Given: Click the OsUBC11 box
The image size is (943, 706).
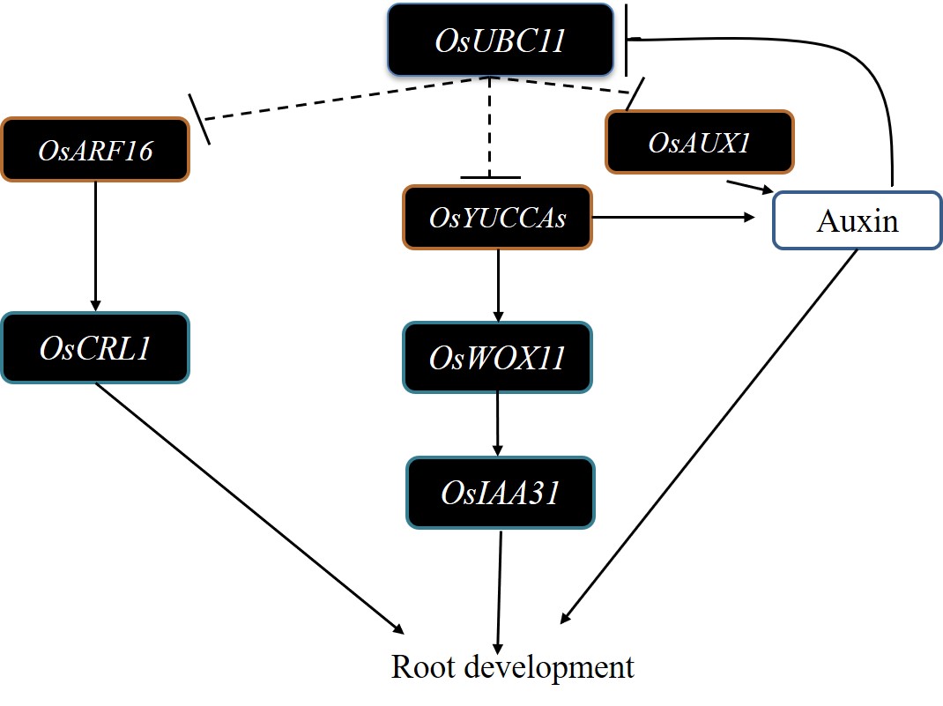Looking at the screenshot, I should (500, 40).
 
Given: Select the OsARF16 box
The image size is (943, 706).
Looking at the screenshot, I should (95, 150).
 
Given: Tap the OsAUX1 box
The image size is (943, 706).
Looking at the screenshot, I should (699, 141).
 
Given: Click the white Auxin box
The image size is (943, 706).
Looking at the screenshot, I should (858, 219).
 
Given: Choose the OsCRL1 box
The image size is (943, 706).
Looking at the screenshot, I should (95, 348).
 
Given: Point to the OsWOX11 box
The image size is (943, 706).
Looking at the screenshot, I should (497, 357).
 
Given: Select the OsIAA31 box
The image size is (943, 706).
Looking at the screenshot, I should (500, 493).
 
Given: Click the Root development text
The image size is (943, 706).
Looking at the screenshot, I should (512, 667).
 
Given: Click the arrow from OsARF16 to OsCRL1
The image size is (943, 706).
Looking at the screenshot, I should (95, 247).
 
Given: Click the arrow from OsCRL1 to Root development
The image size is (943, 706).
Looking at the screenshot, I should (247, 507).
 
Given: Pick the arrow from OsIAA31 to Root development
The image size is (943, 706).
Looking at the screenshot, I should (500, 591).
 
